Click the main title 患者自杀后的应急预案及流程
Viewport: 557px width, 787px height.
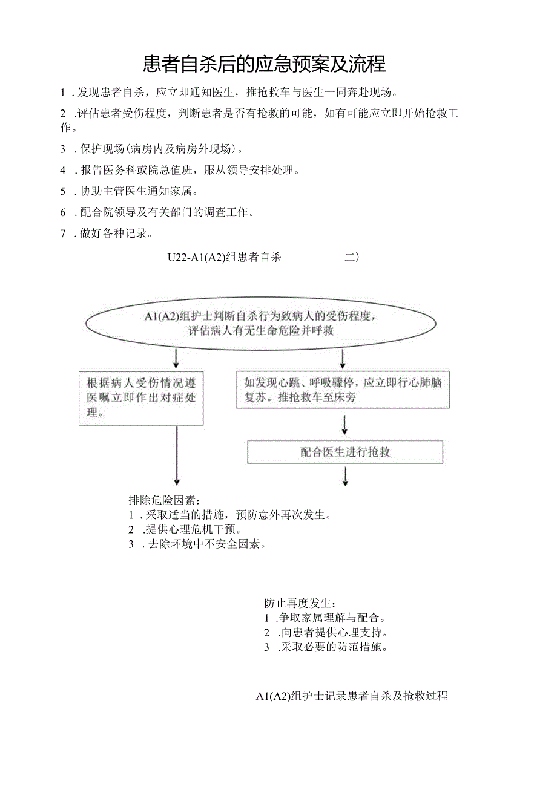265,63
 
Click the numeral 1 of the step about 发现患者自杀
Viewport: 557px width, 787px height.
62,93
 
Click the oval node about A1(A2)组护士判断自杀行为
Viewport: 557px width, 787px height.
261,323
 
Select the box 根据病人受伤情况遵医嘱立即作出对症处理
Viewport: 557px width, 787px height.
141,397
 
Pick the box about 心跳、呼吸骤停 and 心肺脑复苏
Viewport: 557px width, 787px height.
343,390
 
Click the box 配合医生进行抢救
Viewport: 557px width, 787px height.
345,452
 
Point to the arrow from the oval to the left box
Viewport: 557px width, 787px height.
176,359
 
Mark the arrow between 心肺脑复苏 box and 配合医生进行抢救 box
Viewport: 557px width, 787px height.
344,425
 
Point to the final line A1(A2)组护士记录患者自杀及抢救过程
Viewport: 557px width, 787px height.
351,696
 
